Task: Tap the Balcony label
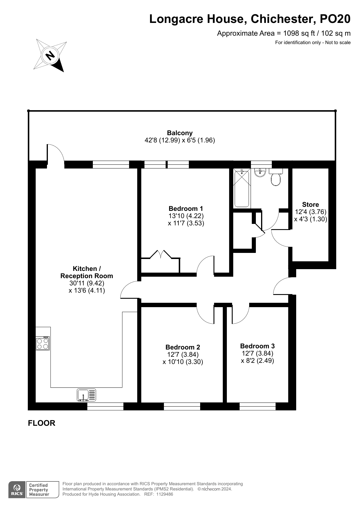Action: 180,133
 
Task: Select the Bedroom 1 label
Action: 186,209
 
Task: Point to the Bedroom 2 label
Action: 183,347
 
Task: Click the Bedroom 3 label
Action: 257,346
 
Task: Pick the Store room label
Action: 310,204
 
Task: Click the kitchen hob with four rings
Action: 43,343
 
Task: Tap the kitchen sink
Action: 86,395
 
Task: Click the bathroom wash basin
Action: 260,173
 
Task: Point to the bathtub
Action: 242,189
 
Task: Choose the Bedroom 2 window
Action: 182,406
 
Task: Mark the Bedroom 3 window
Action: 258,406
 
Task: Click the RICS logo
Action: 17,490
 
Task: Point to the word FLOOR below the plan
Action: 41,423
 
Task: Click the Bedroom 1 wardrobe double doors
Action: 160,254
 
